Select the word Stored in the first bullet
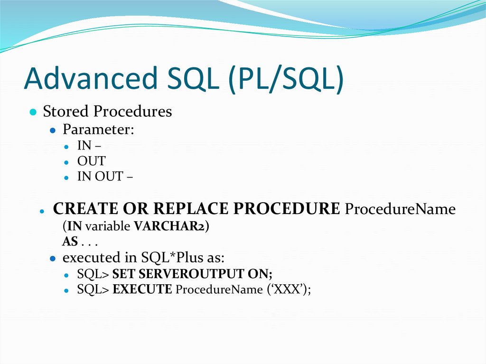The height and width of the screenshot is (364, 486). tap(66, 112)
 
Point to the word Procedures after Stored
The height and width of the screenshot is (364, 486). tap(132, 112)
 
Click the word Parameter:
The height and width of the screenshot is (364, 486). tap(99, 130)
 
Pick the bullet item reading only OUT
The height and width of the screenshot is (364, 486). tap(91, 161)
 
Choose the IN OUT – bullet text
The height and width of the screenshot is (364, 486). tap(105, 177)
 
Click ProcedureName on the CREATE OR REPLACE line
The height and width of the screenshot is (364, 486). tap(400, 209)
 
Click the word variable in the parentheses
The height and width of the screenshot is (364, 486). tap(114, 226)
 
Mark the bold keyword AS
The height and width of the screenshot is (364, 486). tap(70, 242)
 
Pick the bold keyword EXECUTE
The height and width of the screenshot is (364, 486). tap(142, 289)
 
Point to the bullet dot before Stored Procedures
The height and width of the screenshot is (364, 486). tap(32, 113)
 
